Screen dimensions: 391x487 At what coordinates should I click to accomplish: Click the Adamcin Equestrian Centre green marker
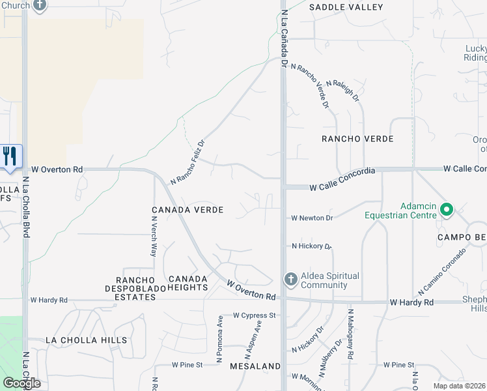click(446, 210)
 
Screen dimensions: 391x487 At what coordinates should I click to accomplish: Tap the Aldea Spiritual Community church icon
click(290, 280)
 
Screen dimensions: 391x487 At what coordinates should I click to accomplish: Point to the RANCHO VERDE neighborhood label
click(358, 139)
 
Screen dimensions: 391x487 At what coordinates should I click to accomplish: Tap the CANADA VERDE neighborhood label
click(188, 210)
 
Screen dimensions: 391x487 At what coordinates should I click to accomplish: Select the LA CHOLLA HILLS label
click(86, 340)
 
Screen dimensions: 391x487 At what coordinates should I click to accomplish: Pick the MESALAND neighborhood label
click(255, 367)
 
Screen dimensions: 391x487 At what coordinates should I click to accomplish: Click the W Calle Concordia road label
click(342, 187)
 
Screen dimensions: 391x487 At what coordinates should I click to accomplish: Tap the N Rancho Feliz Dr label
click(188, 162)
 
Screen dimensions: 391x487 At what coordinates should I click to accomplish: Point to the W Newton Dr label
click(312, 218)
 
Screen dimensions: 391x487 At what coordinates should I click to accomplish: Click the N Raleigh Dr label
click(343, 91)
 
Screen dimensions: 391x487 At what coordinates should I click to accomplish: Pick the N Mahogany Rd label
click(350, 334)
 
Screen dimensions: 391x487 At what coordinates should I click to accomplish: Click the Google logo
click(22, 383)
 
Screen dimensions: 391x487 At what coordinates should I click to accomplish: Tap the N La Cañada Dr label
click(284, 39)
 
